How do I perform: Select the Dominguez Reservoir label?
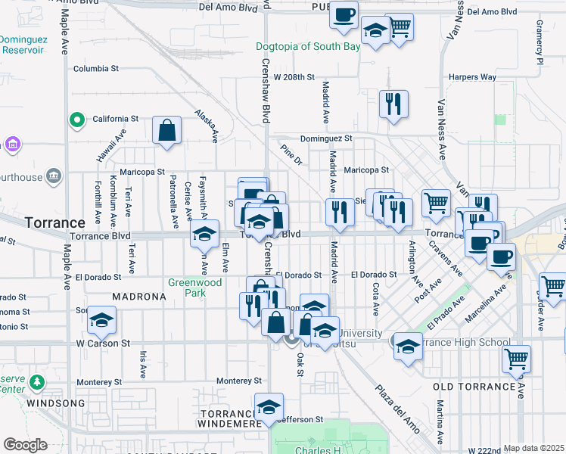coord(23,44)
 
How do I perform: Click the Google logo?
coord(25,444)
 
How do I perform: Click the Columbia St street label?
coord(96,68)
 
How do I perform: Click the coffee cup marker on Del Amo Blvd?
coord(344,15)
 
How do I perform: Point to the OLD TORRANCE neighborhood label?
coord(474,387)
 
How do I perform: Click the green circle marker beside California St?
coord(77,120)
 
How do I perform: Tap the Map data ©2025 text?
coord(533,448)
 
